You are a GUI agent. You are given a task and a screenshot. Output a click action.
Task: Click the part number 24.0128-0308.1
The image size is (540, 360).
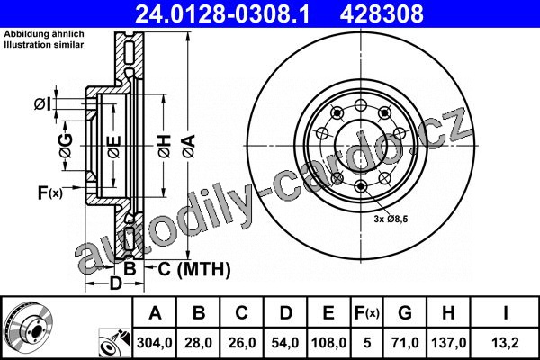point(222,13)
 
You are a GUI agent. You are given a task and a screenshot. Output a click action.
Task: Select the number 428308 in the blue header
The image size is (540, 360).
point(382,13)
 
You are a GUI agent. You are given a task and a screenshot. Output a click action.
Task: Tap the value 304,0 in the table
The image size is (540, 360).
point(154,343)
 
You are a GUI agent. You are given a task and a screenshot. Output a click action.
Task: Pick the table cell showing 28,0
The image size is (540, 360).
point(198,343)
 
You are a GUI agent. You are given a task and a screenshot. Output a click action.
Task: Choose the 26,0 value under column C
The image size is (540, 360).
point(242,343)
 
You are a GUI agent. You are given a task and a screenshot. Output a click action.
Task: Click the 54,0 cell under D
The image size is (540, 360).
point(285,343)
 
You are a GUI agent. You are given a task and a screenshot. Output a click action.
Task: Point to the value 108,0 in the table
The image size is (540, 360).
point(328,343)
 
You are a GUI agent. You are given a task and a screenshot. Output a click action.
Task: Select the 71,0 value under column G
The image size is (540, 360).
point(405,343)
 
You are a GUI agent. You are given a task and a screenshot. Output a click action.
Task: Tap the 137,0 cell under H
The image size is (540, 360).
point(449,343)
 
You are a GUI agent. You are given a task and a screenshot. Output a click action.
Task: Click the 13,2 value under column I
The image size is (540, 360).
point(505,343)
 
